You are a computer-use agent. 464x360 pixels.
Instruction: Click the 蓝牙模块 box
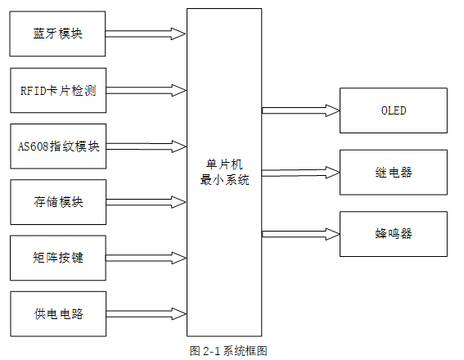click(58, 34)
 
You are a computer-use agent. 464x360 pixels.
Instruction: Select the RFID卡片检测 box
click(58, 90)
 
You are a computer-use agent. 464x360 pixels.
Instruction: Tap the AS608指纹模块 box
click(58, 146)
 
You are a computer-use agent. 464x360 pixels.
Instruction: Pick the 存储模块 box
click(58, 202)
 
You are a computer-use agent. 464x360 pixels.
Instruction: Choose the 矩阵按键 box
click(58, 258)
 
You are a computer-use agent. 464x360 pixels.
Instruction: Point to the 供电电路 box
click(58, 313)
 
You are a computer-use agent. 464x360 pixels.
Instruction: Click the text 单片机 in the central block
click(224, 164)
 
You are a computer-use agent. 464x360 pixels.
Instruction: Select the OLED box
click(394, 110)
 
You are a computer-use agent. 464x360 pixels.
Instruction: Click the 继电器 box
click(394, 172)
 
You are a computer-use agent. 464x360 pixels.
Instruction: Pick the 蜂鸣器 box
click(394, 233)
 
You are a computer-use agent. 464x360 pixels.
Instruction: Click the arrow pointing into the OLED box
click(300, 110)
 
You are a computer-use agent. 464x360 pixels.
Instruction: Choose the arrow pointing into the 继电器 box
click(300, 172)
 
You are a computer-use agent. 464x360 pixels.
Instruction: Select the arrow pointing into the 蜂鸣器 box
click(300, 233)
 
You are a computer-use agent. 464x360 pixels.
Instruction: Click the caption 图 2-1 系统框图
click(228, 351)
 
